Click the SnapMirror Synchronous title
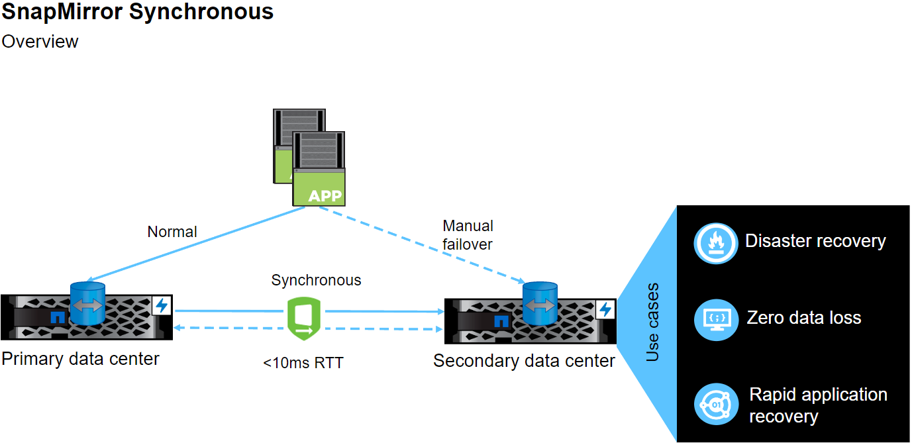138,11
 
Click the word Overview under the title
40,41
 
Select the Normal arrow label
172,232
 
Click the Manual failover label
468,235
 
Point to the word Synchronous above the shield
316,280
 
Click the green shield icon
304,319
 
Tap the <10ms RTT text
303,363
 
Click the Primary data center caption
81,359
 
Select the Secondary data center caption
524,361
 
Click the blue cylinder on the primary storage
87,303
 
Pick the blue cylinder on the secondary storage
540,304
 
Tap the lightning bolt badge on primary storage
161,305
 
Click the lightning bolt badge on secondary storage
605,309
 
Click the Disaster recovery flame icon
716,243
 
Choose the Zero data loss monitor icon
716,319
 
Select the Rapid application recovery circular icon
716,404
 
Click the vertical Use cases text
652,322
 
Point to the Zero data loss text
804,318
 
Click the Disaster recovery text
815,241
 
